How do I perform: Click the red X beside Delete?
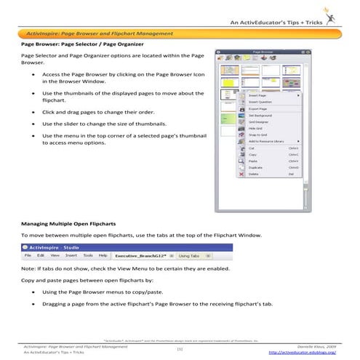(x=241, y=175)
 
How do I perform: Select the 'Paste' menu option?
(x=254, y=161)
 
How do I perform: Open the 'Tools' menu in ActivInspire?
(x=87, y=256)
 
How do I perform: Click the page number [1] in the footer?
(x=179, y=349)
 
